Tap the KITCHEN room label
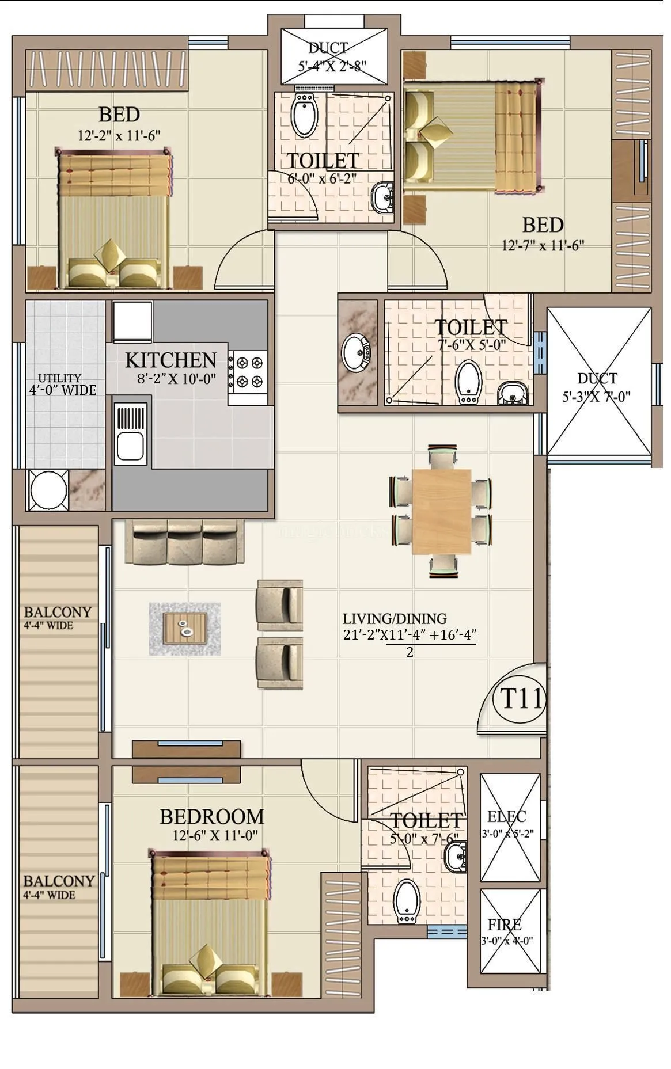170,361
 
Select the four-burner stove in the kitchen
248,372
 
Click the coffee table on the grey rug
185,629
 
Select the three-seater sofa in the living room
185,542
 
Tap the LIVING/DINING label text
395,619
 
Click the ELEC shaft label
506,816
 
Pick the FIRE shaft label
505,925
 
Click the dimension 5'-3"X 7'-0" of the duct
596,396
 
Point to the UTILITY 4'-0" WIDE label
62,384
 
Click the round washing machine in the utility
49,490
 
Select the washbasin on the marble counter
355,351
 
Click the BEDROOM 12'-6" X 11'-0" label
212,817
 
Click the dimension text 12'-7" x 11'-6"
543,246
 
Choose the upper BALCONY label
57,612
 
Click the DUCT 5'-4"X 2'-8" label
328,48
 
